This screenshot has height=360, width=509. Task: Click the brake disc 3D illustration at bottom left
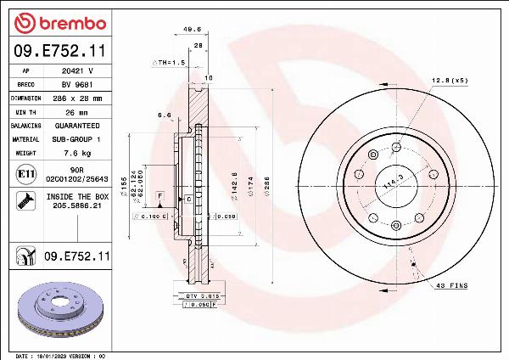click(x=59, y=309)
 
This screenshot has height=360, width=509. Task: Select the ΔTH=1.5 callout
click(x=168, y=63)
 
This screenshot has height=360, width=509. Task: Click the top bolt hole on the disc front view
click(x=396, y=146)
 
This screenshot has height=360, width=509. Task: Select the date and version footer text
click(x=61, y=355)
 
